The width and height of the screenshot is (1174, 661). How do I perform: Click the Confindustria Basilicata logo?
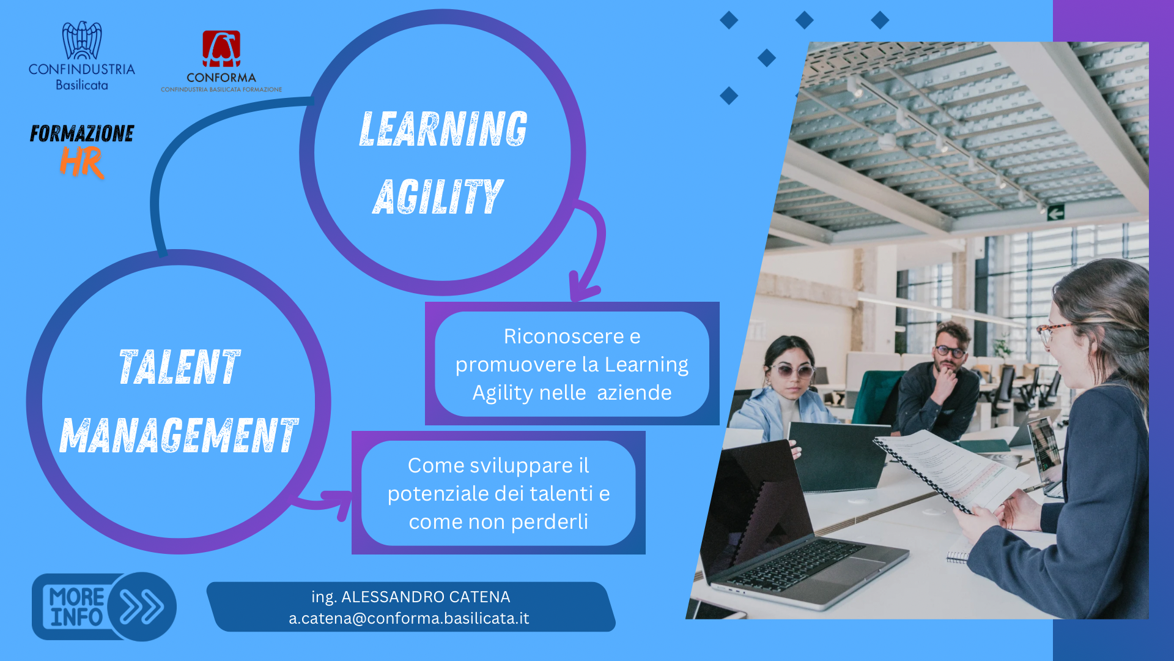(x=82, y=56)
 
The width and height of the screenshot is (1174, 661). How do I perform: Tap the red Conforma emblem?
(x=221, y=49)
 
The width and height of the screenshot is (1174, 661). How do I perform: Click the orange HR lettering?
(x=82, y=163)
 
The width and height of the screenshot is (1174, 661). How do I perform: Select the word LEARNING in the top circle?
(x=443, y=129)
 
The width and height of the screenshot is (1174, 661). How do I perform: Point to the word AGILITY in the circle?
(x=438, y=196)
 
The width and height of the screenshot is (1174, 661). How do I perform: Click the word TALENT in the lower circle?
(x=179, y=367)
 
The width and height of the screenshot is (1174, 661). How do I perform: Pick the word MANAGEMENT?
(x=179, y=435)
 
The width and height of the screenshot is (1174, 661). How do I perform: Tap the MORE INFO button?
(x=104, y=607)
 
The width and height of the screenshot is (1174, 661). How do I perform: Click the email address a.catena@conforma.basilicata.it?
(x=409, y=618)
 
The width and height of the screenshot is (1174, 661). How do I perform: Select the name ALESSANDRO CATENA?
(x=426, y=597)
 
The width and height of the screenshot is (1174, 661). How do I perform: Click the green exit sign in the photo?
(x=1056, y=213)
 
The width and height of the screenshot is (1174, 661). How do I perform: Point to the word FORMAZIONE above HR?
(x=82, y=133)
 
